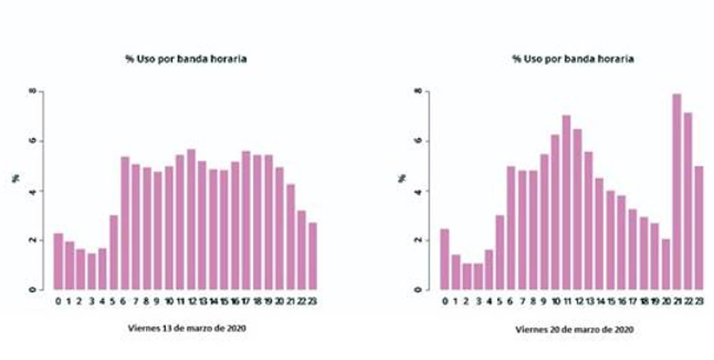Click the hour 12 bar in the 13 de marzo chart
(191, 219)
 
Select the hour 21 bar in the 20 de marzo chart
(676, 191)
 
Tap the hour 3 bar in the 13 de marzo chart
(92, 271)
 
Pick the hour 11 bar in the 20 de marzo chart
(566, 202)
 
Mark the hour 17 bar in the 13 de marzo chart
(246, 220)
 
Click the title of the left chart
(186, 59)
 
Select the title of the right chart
(573, 59)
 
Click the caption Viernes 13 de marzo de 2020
(187, 326)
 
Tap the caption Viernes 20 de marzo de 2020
(575, 328)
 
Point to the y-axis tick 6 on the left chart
(31, 141)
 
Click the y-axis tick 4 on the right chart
(419, 190)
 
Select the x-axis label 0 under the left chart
(59, 301)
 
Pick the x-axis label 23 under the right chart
(698, 301)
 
